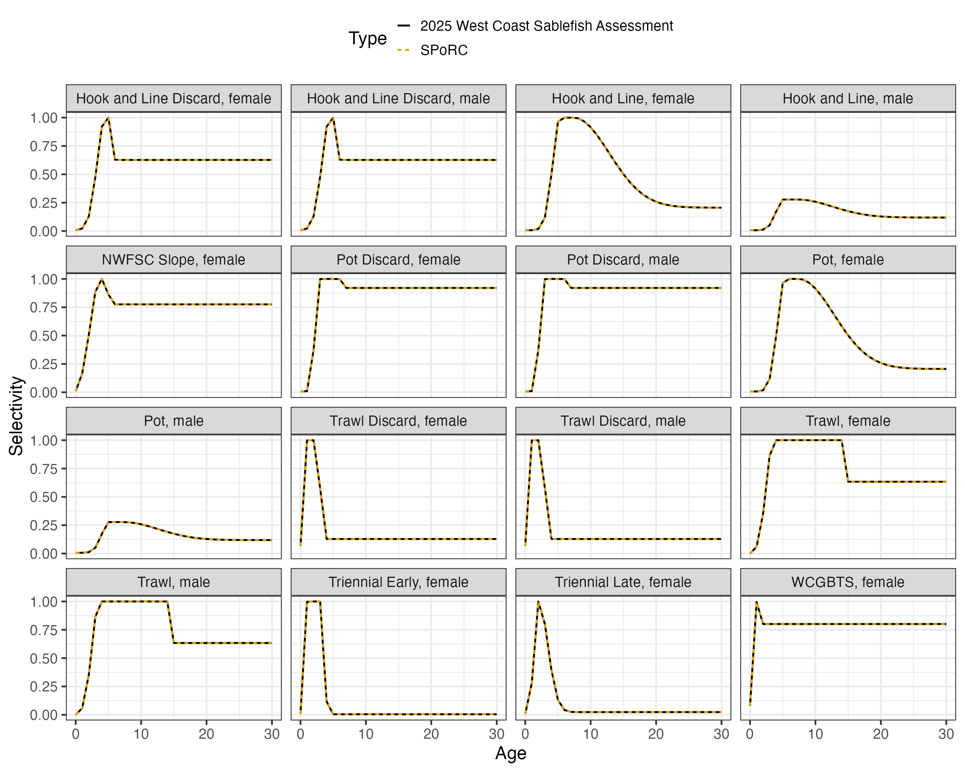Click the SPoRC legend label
tap(444, 50)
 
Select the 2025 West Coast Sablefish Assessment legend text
tap(546, 26)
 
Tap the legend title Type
tap(367, 39)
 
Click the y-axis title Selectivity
tap(16, 416)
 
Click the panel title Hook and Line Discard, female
tap(174, 98)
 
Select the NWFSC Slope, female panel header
tap(174, 260)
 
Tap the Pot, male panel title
tap(174, 421)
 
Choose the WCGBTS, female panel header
tap(848, 582)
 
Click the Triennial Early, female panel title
tap(398, 582)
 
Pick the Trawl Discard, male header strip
tap(623, 421)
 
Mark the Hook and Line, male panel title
tap(848, 98)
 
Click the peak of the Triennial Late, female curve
tap(538, 602)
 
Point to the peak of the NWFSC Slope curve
tap(102, 279)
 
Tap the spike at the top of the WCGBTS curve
tap(756, 602)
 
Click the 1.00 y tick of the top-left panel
tap(44, 118)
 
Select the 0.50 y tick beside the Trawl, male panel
tap(44, 658)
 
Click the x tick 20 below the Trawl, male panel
tap(206, 734)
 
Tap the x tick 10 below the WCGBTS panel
tap(815, 734)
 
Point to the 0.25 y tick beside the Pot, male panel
tap(44, 525)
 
